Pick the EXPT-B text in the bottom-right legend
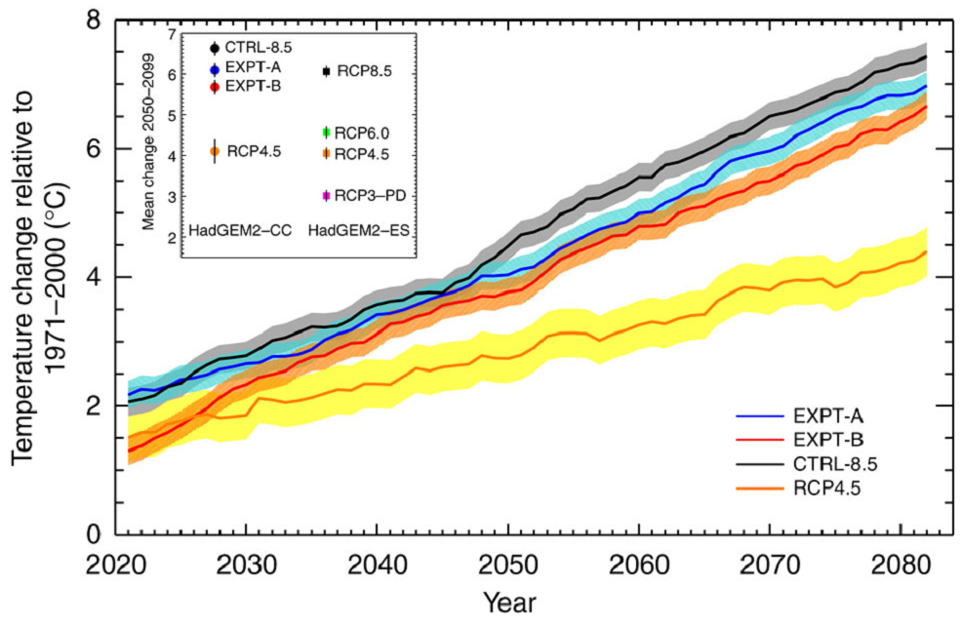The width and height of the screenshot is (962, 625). (834, 440)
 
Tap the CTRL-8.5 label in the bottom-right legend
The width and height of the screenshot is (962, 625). (842, 462)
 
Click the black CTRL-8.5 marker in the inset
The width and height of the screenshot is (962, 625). (215, 47)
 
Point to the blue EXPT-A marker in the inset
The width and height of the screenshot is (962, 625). (215, 69)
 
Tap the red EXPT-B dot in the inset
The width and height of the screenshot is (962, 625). (215, 88)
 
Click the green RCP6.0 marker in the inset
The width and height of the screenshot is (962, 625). (327, 133)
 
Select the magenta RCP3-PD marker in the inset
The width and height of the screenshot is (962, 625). (327, 196)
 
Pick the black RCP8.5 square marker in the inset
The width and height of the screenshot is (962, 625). (327, 71)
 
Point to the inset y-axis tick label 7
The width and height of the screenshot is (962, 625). (172, 34)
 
